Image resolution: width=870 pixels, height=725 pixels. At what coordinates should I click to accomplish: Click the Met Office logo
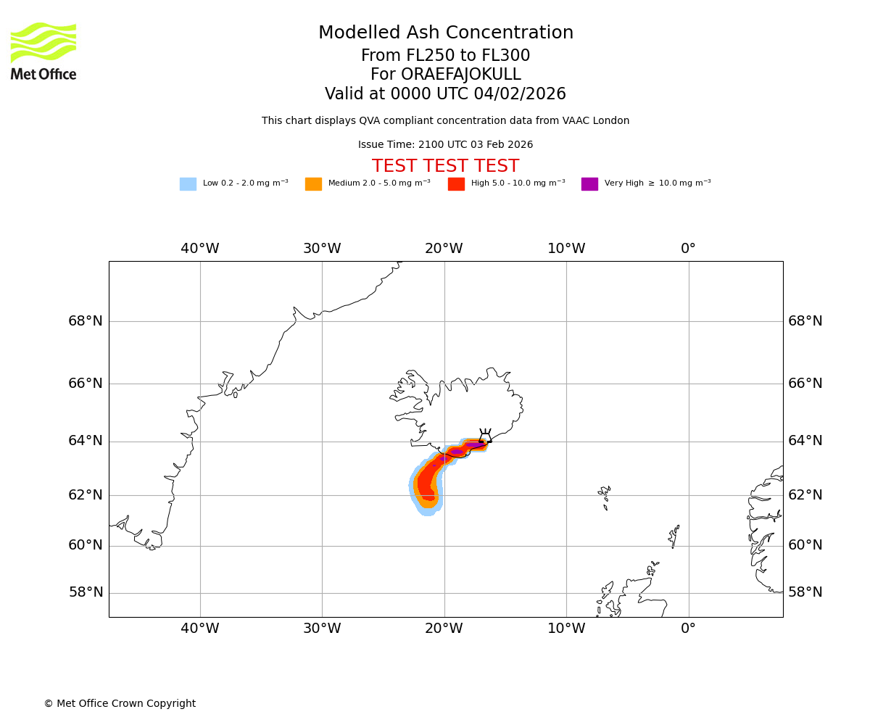43,51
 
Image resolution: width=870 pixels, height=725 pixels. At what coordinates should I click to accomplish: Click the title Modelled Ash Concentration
446,33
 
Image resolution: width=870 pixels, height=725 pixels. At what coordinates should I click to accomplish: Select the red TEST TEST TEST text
445,167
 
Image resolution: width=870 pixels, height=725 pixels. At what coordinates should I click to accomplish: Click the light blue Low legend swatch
188,184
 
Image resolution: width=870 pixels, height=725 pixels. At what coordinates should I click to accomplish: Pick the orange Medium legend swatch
313,184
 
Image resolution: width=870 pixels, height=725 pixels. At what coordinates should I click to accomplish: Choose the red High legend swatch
456,184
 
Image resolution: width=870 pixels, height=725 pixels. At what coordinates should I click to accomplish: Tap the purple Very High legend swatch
589,184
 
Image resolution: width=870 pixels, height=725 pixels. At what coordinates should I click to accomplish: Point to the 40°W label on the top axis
200,249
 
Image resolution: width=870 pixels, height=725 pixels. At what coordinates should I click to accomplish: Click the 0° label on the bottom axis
688,629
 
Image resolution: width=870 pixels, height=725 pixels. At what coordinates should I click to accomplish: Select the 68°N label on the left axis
86,321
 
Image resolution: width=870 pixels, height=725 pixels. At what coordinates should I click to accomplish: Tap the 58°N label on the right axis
805,592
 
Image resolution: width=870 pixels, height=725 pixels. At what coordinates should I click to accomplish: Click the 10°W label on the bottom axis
566,629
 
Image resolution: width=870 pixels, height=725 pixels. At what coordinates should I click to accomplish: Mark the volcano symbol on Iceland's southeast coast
484,436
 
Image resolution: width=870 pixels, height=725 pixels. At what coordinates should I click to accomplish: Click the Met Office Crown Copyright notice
120,704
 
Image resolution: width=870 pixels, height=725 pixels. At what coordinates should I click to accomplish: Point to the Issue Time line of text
445,145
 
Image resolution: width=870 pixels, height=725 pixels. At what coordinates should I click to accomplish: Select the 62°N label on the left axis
86,495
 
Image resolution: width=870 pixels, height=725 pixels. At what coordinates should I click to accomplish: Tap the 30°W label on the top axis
322,249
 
